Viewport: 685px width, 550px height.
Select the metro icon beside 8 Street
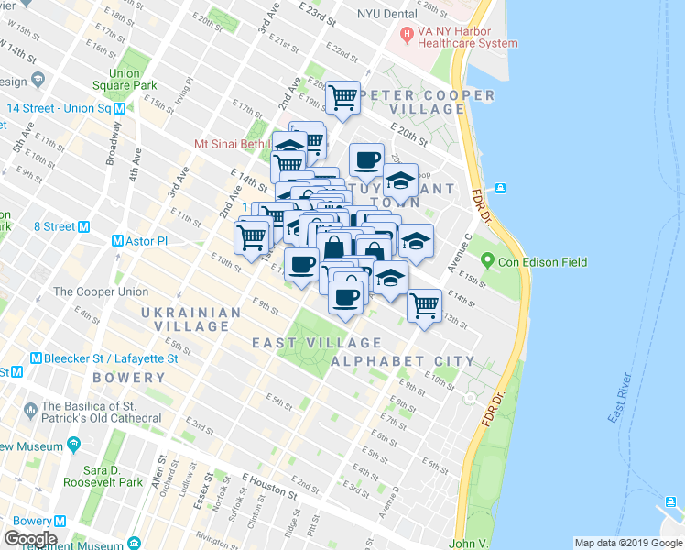point(83,226)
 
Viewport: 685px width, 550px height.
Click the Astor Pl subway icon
point(117,241)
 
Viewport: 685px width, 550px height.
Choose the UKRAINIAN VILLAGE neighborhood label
point(190,320)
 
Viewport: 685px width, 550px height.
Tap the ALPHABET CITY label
point(402,361)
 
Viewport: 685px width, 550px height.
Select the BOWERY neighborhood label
point(128,378)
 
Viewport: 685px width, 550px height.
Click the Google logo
point(29,538)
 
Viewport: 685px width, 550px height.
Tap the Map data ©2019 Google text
point(627,543)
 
